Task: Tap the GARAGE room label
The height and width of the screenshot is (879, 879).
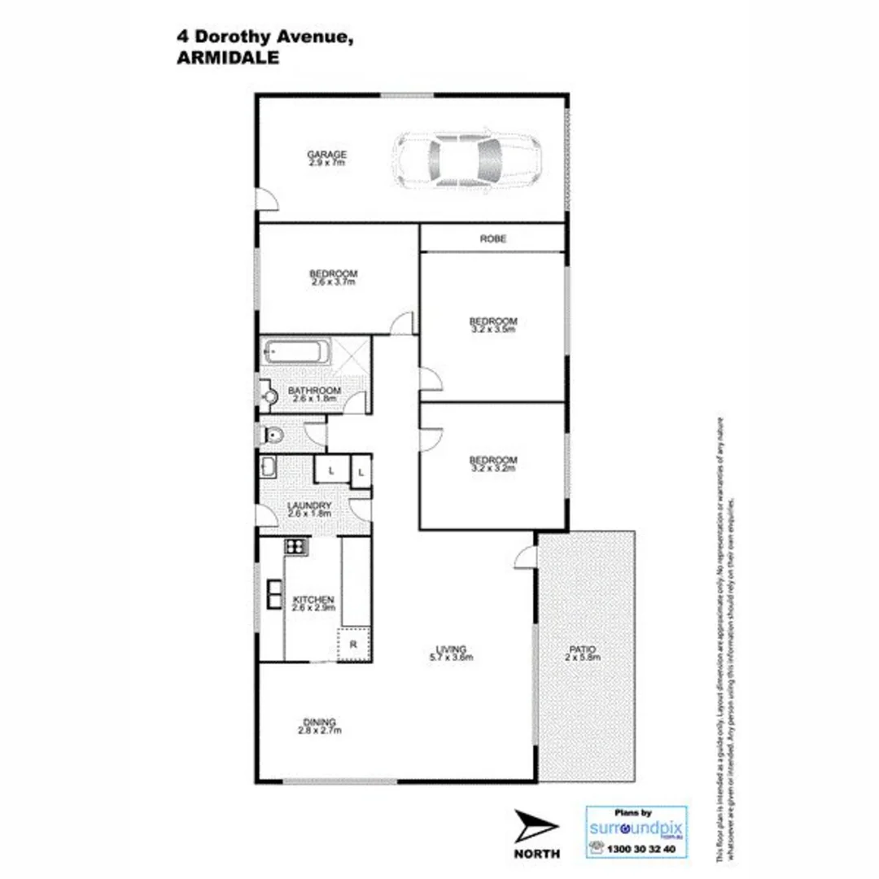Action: [326, 155]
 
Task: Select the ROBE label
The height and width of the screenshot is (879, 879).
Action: [492, 239]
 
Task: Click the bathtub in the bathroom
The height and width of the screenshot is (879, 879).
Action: [296, 354]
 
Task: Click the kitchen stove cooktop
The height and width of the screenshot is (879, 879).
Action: [296, 548]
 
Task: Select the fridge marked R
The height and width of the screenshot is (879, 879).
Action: [354, 644]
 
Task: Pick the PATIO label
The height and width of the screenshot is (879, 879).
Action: [584, 649]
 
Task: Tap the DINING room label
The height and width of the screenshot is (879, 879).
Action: [319, 722]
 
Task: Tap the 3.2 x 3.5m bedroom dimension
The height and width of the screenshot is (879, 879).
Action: [493, 330]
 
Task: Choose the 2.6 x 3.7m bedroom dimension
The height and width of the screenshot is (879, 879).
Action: [333, 282]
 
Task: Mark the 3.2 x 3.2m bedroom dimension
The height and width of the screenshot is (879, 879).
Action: [493, 469]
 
